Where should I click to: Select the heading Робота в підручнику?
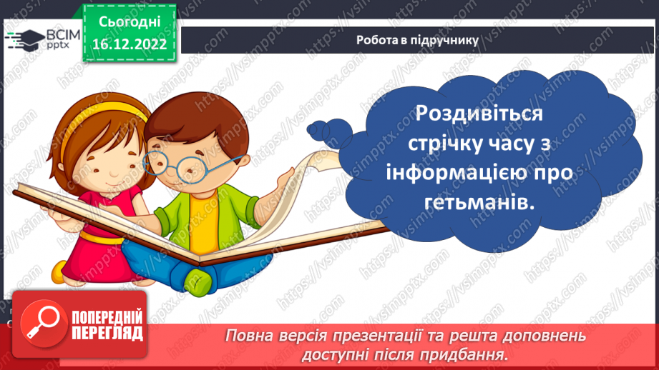(x=417, y=40)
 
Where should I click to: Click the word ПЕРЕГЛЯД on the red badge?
(x=107, y=333)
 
